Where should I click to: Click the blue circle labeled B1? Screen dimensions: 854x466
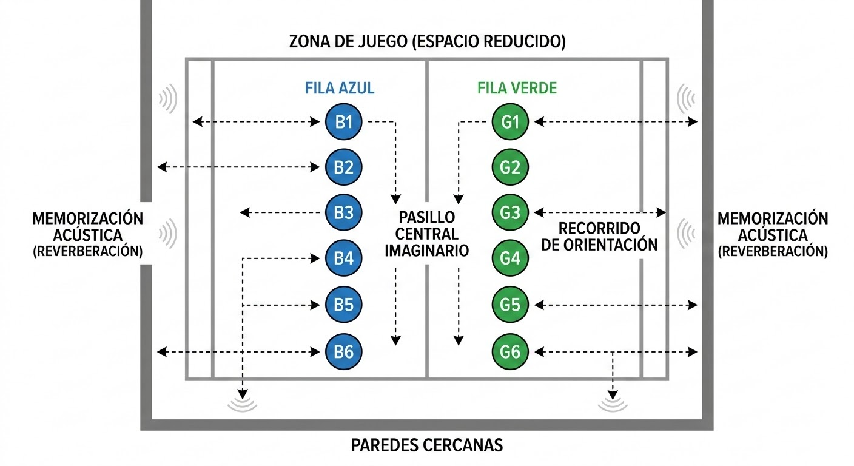point(343,121)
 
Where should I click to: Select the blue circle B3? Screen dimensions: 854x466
point(343,212)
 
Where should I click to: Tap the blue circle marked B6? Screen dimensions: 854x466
point(343,351)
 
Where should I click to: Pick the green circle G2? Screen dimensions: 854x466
point(510,167)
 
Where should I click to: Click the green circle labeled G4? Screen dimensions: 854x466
point(510,258)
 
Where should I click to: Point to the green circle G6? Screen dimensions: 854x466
point(510,351)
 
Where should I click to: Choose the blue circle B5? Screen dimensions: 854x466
point(343,305)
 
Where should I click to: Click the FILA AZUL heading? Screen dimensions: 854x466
point(340,88)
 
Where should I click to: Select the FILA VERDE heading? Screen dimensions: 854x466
point(517,88)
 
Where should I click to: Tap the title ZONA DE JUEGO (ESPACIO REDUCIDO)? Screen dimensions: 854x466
point(428,41)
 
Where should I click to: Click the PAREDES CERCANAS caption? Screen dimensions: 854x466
point(427,445)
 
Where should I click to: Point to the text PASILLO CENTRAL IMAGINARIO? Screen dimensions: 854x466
point(426,234)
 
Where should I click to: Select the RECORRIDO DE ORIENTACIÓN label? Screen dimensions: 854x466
point(599,237)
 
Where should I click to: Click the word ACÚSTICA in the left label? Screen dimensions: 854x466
point(88,235)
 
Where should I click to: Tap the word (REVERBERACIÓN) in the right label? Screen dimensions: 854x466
point(773,252)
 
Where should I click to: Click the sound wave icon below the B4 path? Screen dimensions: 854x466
point(243,405)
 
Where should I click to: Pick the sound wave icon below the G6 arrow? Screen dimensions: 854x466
point(613,405)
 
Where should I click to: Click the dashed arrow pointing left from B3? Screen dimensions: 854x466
point(280,212)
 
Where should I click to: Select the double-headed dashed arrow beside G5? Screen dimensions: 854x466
point(616,305)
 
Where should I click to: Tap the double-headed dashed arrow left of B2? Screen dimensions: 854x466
point(238,167)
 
